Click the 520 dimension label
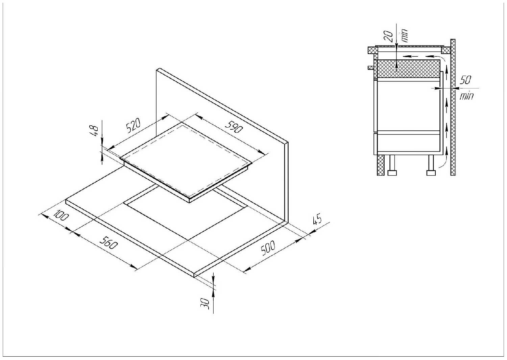[x=133, y=126]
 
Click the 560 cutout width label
[x=109, y=242]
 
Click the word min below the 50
[x=467, y=96]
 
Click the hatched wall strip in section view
[x=453, y=108]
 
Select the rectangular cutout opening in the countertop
[x=183, y=216]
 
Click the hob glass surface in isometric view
[x=186, y=159]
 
